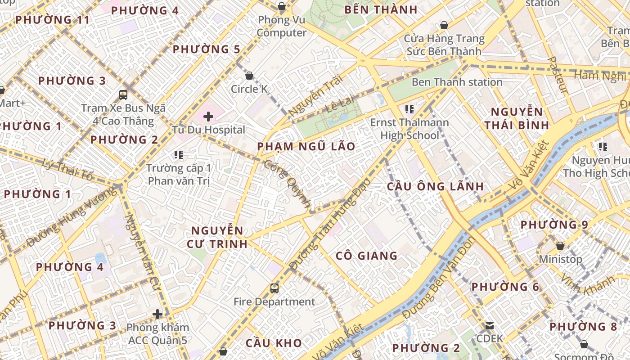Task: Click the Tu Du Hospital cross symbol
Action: pos(208,117)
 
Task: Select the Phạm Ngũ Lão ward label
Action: pos(306,146)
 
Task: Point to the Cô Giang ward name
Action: pos(366,256)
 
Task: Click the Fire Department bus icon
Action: pos(274,288)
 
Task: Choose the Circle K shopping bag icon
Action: pos(249,76)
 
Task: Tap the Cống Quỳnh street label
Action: pos(287,184)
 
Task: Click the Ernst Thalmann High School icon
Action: pos(409,109)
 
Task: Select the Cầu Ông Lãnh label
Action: pos(435,186)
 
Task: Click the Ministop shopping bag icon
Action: pos(560,246)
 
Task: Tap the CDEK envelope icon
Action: pos(489,326)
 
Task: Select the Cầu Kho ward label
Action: pos(274,343)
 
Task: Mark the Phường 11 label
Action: pos(52,20)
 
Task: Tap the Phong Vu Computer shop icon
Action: pos(282,6)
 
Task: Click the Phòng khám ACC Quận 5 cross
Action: pos(157,314)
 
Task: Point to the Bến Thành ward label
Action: pos(381,10)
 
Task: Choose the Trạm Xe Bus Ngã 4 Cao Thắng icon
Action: pos(123,95)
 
